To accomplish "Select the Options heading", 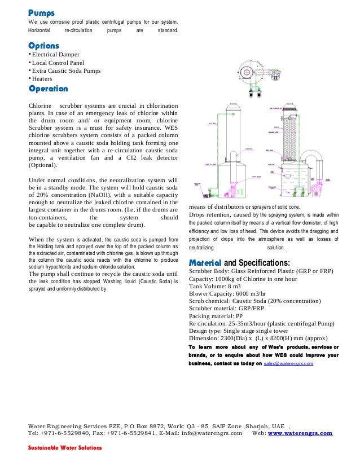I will pyautogui.click(x=43, y=45).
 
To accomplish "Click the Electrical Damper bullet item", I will pyautogui.click(x=56, y=54).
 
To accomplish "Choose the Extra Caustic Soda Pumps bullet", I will pyautogui.click(x=67, y=71).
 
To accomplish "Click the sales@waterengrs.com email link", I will pyautogui.click(x=288, y=364).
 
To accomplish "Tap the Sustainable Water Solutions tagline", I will pyautogui.click(x=65, y=447).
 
